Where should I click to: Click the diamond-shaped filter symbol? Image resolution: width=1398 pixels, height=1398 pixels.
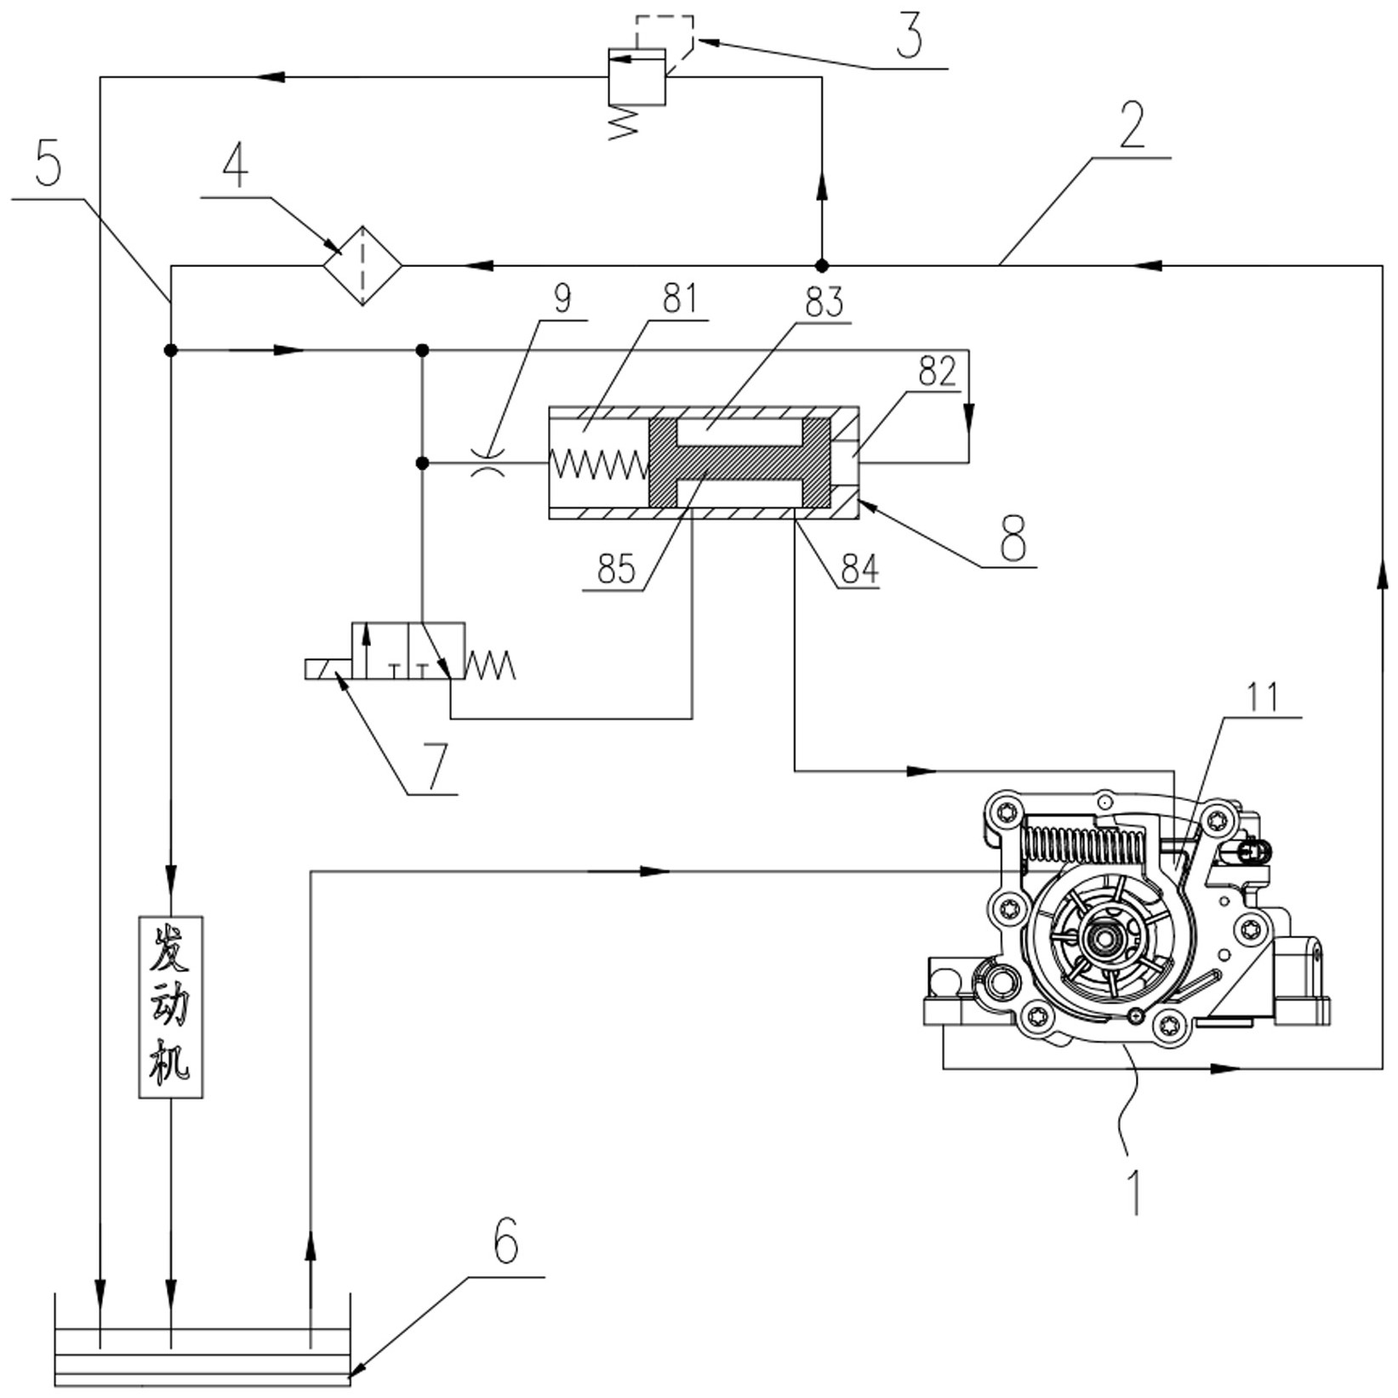(362, 265)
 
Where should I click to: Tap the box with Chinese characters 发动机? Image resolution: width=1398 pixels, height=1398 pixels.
(171, 1007)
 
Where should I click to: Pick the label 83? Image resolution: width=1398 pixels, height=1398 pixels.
(825, 302)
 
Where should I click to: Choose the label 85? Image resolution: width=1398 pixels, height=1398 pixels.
(616, 569)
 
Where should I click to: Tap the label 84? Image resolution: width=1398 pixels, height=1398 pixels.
(859, 569)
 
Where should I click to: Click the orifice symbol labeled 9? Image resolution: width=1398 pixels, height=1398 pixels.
(488, 463)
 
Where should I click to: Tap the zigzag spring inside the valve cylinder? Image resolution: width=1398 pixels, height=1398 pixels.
(599, 463)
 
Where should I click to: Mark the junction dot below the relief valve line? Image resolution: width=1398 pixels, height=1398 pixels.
(822, 265)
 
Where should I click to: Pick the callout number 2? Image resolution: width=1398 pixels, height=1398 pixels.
(1132, 126)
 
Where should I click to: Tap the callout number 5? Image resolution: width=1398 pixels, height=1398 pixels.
(49, 163)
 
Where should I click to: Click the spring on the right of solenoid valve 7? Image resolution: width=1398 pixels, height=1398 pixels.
(490, 665)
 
